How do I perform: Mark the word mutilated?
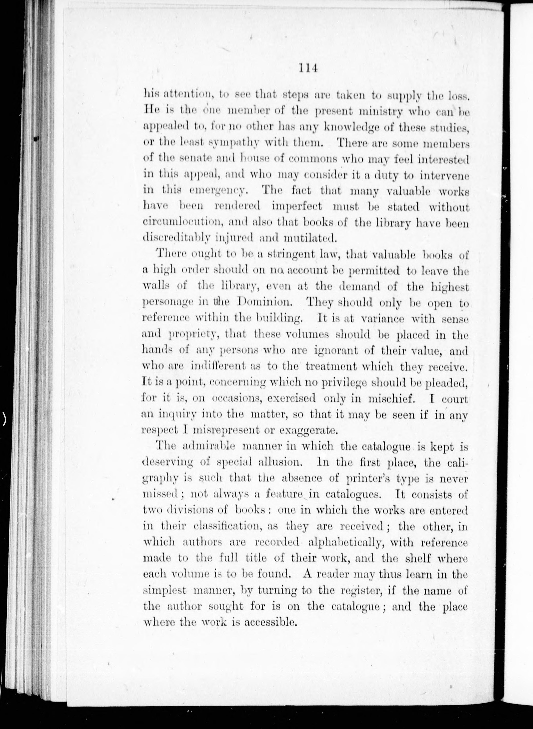(x=310, y=238)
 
